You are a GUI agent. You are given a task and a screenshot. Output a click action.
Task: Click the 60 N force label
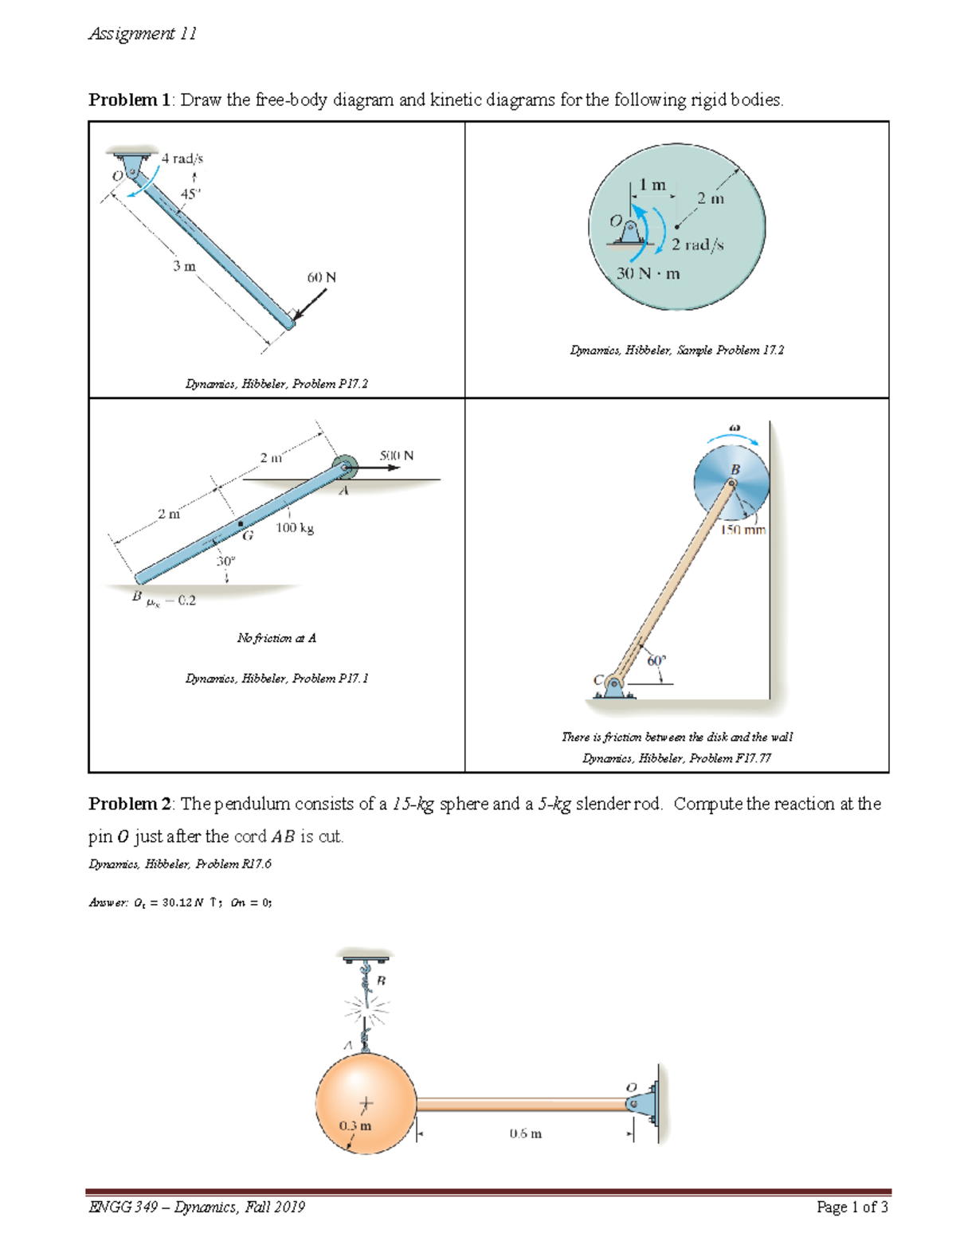coord(321,277)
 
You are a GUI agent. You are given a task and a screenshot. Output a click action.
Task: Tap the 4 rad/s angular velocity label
coord(182,159)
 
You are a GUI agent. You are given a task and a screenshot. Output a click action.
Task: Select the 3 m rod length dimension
coord(184,266)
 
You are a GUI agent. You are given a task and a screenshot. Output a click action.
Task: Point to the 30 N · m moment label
coord(648,273)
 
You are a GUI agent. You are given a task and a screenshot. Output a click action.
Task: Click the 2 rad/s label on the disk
coord(697,245)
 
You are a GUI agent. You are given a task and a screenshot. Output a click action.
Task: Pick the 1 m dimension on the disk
coord(652,185)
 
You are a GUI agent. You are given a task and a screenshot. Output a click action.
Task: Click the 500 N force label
coord(396,456)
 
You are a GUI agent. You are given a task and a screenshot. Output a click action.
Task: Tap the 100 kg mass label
coord(295,527)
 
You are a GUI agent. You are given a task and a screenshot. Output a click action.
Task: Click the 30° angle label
coord(226,562)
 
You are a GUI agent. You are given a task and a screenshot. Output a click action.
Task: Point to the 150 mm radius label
coord(742,530)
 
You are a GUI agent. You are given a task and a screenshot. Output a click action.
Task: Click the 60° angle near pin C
coord(656,661)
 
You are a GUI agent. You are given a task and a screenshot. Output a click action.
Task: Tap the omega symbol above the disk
coord(735,428)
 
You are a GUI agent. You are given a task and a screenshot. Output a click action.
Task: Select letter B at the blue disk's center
coord(735,470)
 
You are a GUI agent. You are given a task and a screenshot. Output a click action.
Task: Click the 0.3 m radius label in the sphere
coord(355,1125)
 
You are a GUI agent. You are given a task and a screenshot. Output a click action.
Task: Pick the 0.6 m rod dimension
coord(525,1133)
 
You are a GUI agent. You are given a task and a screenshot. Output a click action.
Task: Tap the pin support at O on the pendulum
coord(642,1103)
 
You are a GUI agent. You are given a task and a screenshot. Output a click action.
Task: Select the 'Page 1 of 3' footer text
coord(852,1207)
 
